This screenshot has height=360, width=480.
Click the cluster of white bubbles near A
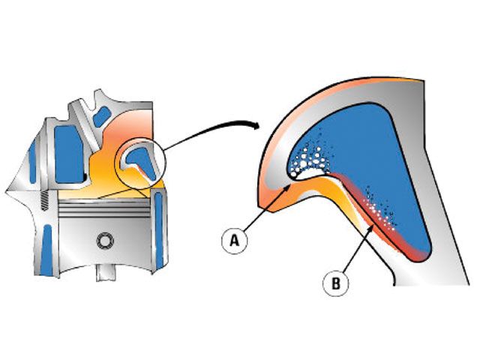[309, 159]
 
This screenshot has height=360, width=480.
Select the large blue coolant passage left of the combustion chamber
[68, 153]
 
